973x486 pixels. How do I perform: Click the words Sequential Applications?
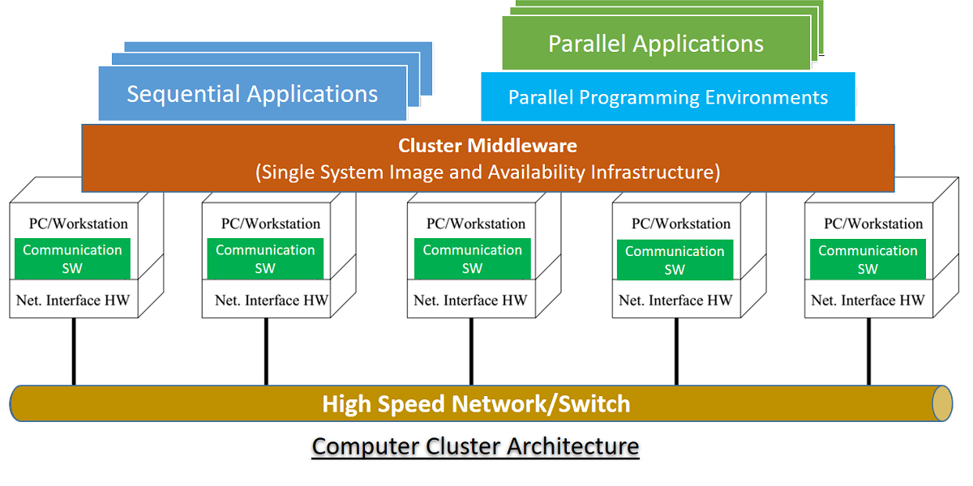pyautogui.click(x=252, y=94)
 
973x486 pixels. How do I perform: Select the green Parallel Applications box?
pyautogui.click(x=656, y=44)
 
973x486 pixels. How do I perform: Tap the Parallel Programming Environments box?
pyautogui.click(x=667, y=98)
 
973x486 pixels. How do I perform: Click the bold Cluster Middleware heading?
pyautogui.click(x=487, y=146)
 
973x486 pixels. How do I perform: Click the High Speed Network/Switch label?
pyautogui.click(x=476, y=403)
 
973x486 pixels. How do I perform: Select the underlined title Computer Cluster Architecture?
pyautogui.click(x=476, y=446)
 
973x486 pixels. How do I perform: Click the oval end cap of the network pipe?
pyautogui.click(x=941, y=403)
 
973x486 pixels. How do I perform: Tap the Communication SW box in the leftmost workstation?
pyautogui.click(x=72, y=258)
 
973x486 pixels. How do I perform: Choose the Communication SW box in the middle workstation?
pyautogui.click(x=472, y=258)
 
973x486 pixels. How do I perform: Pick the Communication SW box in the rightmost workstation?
pyautogui.click(x=868, y=259)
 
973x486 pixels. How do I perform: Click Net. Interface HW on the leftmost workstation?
pyautogui.click(x=73, y=301)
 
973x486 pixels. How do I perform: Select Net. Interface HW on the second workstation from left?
pyautogui.click(x=272, y=301)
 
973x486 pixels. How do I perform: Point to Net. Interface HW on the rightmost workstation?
pyautogui.click(x=868, y=301)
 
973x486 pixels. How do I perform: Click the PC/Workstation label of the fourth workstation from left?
pyautogui.click(x=681, y=224)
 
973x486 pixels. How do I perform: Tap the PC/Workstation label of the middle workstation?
pyautogui.click(x=476, y=224)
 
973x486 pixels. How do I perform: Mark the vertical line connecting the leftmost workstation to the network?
pyautogui.click(x=74, y=352)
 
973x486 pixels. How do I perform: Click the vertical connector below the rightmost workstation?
pyautogui.click(x=869, y=352)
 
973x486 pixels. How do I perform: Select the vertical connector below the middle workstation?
pyautogui.click(x=471, y=352)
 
